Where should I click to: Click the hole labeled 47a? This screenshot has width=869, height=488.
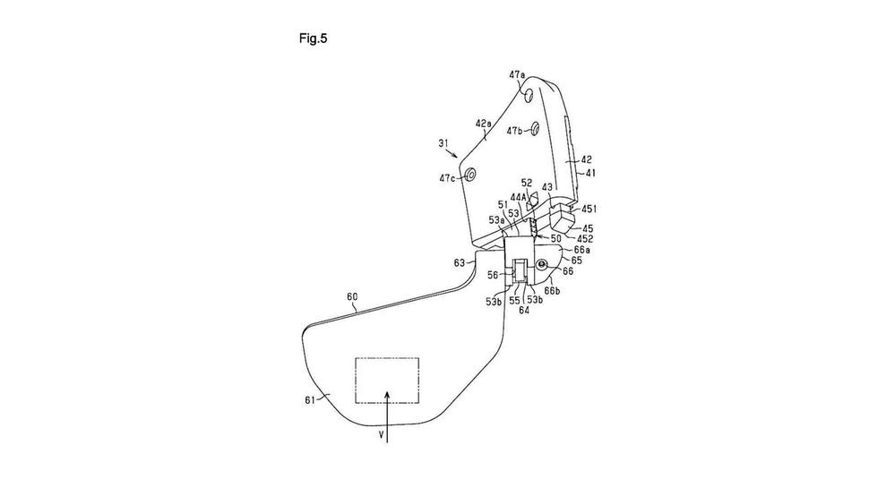[531, 93]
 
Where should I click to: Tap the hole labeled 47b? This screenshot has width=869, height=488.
[534, 129]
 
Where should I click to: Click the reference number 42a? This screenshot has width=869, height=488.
[484, 123]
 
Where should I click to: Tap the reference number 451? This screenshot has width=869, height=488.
[589, 209]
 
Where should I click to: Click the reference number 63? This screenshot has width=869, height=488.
[460, 263]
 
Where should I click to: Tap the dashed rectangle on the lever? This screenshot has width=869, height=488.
[387, 380]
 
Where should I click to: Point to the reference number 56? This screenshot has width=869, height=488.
[492, 278]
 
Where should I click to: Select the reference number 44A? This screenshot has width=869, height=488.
[519, 196]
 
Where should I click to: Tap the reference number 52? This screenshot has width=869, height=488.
[527, 183]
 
